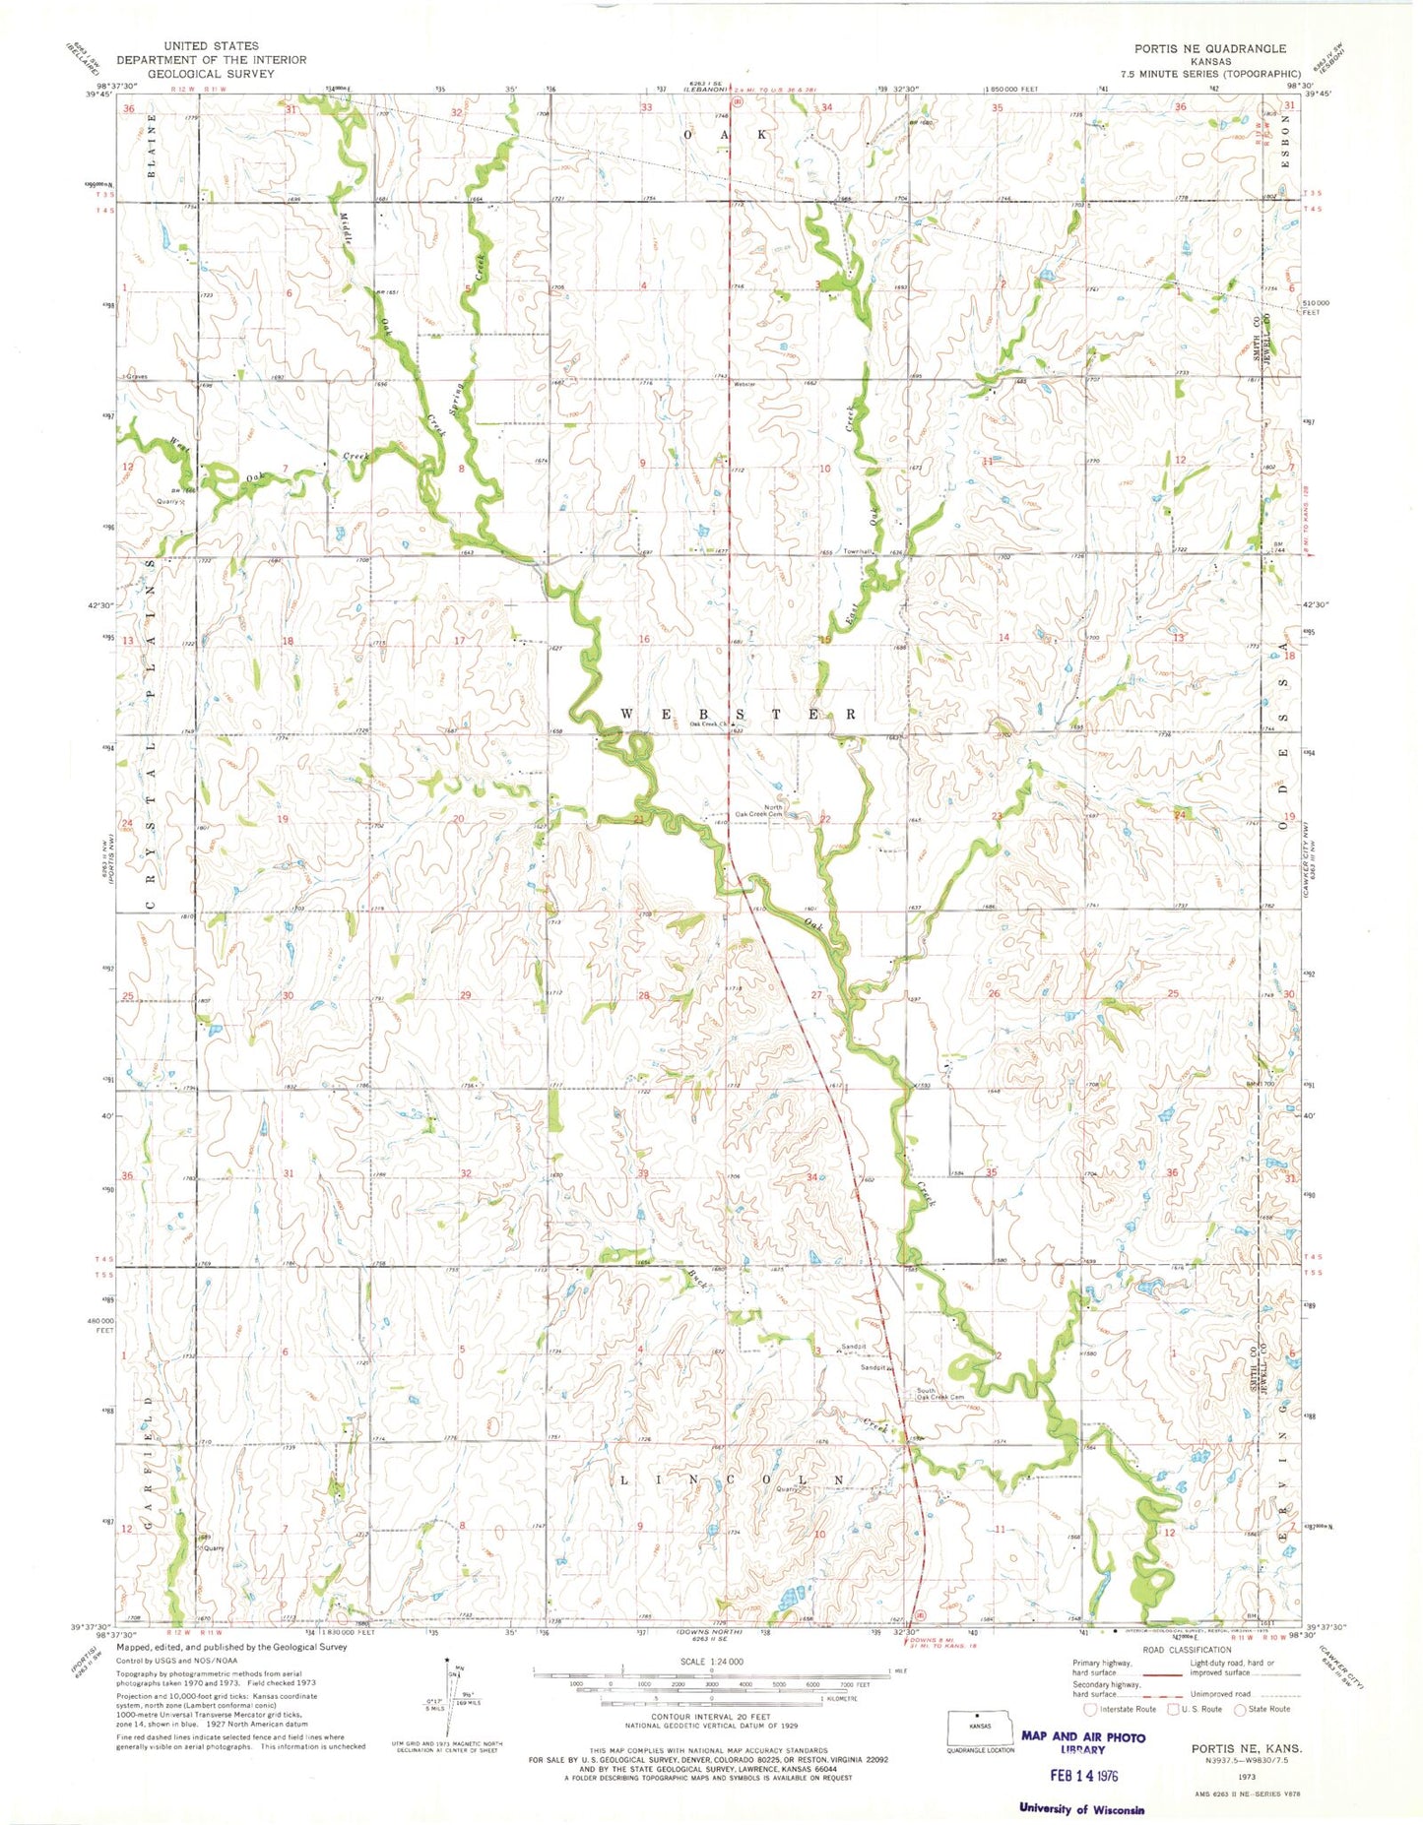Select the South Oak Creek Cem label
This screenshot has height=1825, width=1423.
click(939, 1394)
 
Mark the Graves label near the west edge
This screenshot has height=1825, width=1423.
click(134, 377)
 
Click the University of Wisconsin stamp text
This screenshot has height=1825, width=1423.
click(1082, 1808)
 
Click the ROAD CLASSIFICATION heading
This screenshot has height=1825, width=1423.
click(1187, 1650)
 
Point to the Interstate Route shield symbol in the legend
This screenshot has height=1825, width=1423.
click(1091, 1709)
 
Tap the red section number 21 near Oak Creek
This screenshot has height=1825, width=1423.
click(638, 819)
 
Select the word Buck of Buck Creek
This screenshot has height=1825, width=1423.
click(697, 1280)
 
